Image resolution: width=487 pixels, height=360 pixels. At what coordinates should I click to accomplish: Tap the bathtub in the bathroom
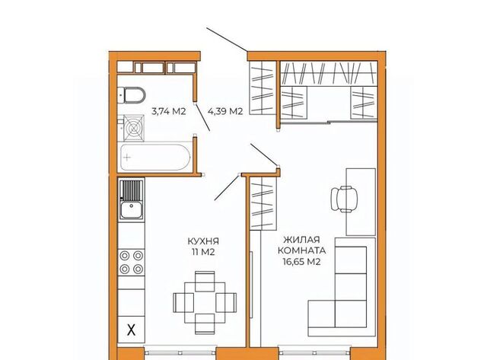155,158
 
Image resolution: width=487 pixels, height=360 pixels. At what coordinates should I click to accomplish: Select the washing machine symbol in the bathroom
134,128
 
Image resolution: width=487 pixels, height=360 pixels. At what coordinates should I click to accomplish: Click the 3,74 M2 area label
169,111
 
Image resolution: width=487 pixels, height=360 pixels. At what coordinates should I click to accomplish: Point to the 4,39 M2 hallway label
225,111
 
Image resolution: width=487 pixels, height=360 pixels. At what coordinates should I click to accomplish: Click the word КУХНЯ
203,241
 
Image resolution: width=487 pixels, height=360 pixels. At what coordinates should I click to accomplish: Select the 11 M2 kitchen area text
203,252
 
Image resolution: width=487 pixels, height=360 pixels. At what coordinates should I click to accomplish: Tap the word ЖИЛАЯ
301,240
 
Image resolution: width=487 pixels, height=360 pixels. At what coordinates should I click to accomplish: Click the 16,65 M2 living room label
301,262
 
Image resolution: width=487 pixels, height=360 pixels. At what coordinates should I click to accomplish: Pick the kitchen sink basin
132,209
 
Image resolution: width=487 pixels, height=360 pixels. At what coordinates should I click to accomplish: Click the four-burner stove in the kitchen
132,262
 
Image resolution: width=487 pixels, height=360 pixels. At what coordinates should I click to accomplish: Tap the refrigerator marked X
132,330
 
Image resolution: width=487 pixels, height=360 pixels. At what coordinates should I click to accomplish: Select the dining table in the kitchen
205,302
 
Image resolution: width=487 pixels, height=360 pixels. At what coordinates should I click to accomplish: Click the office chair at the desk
344,199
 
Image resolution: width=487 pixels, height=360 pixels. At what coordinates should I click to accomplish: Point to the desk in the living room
361,202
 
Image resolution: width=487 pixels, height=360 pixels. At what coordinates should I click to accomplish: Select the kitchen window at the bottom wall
180,353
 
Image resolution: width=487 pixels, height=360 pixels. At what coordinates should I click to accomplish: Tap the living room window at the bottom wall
314,353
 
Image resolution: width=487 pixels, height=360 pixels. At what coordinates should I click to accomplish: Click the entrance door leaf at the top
227,40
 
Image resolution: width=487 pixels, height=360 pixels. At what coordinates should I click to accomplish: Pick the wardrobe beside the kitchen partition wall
263,203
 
